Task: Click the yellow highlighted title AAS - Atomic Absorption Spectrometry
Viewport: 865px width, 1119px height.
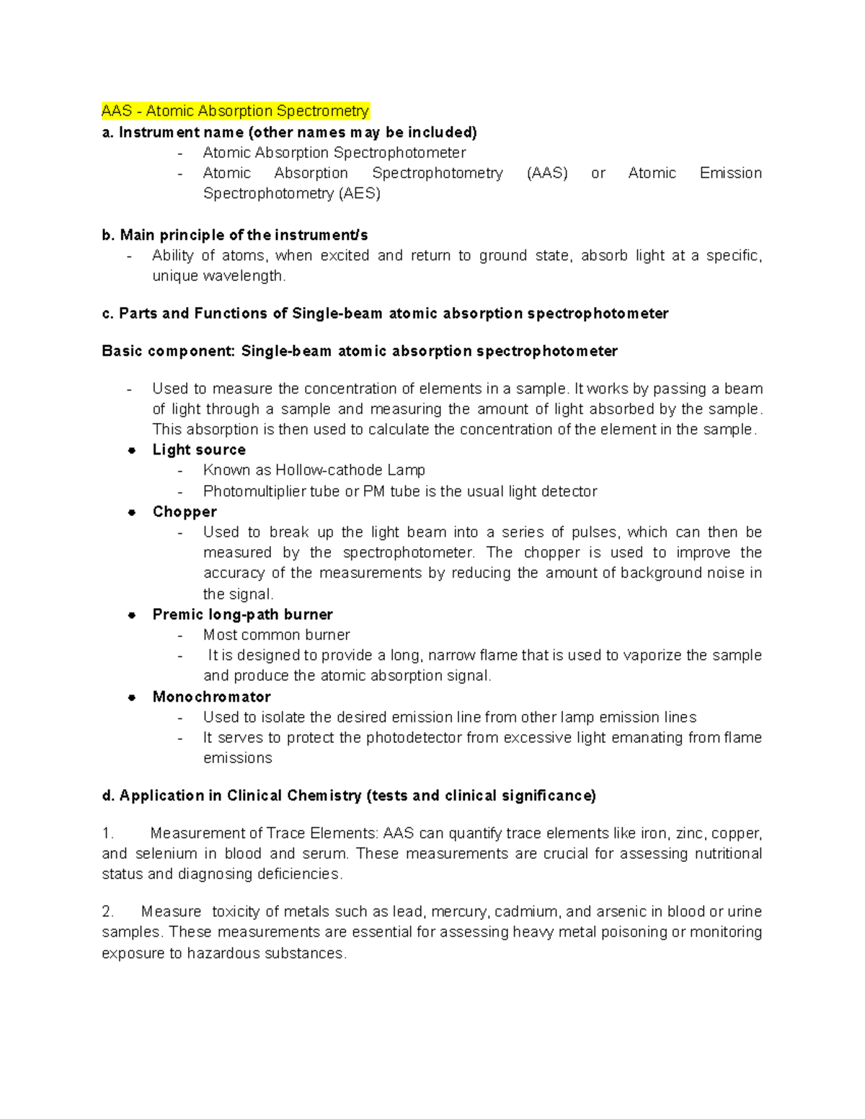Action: [235, 111]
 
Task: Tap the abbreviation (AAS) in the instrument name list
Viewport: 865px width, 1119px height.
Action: [547, 174]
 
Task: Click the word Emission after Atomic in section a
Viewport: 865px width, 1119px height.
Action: [730, 174]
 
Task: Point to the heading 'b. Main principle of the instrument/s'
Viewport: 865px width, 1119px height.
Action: [235, 236]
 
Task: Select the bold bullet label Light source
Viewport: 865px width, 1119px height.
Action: [199, 450]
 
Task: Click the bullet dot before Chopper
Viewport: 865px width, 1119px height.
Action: [132, 512]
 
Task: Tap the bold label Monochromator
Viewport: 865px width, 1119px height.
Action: [211, 697]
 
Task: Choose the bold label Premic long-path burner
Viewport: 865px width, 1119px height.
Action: [242, 615]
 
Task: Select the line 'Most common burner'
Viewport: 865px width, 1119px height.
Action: [276, 636]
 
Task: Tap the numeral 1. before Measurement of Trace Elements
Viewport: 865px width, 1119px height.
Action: [108, 834]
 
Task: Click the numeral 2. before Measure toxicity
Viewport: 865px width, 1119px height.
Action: [108, 912]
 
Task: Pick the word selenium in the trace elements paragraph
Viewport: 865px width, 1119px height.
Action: [166, 855]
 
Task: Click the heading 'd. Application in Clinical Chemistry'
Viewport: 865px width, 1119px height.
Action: [349, 796]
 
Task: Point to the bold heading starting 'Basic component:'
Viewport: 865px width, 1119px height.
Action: [360, 352]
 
